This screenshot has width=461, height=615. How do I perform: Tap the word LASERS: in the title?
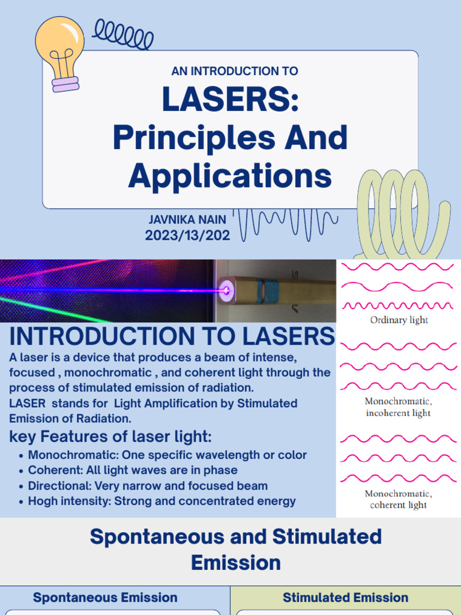tap(230, 101)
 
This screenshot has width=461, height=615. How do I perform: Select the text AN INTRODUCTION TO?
tap(235, 71)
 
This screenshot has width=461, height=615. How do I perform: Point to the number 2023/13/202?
tap(187, 235)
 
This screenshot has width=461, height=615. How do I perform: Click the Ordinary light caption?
tap(399, 320)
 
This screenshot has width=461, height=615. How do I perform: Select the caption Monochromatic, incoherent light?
tap(399, 407)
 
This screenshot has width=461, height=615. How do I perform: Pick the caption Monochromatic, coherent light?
tap(399, 499)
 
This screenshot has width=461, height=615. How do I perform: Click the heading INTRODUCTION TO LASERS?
tap(172, 336)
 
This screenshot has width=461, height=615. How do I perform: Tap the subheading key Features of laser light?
tap(110, 437)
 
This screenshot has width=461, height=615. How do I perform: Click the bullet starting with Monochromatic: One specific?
tap(167, 455)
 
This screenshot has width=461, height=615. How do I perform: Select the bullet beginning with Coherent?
tap(133, 470)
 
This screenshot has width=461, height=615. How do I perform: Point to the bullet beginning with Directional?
tap(148, 486)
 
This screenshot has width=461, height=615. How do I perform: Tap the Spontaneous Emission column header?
tap(105, 598)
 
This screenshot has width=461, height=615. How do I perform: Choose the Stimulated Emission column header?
tap(346, 598)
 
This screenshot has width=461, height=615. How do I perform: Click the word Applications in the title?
tap(230, 176)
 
